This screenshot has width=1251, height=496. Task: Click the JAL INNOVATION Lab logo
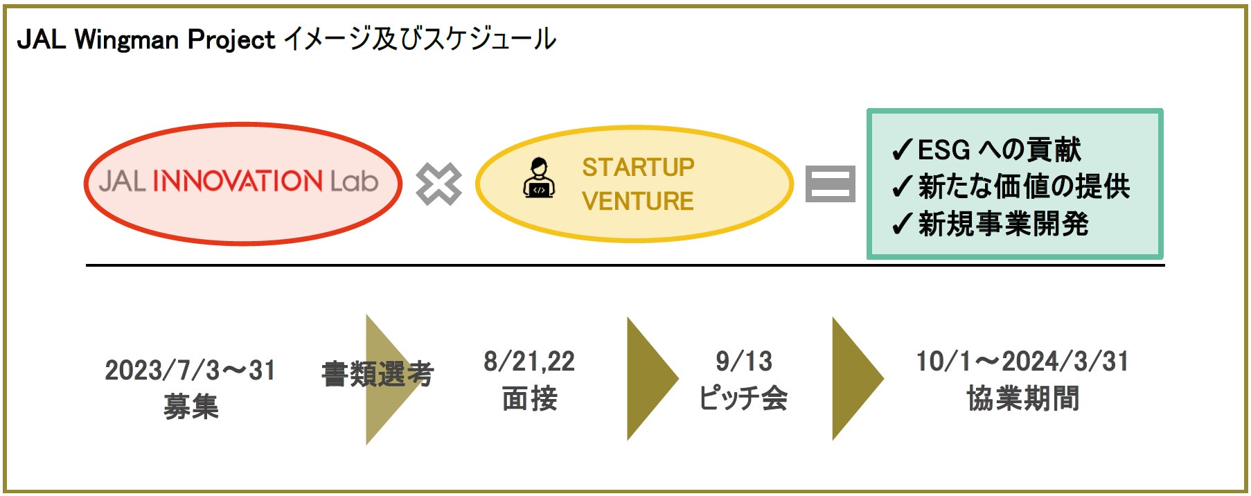239,181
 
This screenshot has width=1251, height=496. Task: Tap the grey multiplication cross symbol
438,184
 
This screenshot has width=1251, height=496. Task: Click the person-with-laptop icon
539,179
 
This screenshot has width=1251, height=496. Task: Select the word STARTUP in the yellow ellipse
638,167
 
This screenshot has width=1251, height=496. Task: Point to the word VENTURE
638,201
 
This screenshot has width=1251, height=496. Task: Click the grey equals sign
830,184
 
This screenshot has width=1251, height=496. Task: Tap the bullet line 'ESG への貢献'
988,150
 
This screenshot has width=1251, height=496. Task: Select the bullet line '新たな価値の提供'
1011,186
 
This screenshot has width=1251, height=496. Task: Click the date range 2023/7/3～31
190,371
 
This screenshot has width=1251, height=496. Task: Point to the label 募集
191,406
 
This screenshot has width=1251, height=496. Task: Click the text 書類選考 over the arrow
378,375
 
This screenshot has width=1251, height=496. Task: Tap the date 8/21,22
529,361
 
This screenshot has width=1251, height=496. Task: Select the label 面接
529,398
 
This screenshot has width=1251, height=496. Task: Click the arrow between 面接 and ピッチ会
650,378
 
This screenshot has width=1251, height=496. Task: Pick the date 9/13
743,361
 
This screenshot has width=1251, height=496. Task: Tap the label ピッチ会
743,398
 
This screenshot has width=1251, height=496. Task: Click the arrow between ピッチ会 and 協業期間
855,378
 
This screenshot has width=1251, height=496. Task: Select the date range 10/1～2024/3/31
1022,361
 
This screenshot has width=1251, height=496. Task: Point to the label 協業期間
1022,398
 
